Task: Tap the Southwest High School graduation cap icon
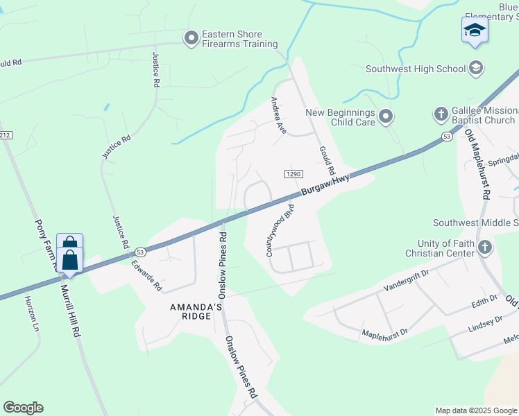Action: point(476,68)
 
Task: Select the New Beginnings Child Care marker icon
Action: point(386,116)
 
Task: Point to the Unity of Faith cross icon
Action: point(485,247)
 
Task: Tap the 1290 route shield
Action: point(292,173)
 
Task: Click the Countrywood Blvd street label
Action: point(281,231)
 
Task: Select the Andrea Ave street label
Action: point(278,115)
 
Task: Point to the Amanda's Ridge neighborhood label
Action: point(196,310)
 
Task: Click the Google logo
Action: point(23,408)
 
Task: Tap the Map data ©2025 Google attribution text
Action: point(475,410)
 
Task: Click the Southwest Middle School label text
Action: point(475,223)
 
